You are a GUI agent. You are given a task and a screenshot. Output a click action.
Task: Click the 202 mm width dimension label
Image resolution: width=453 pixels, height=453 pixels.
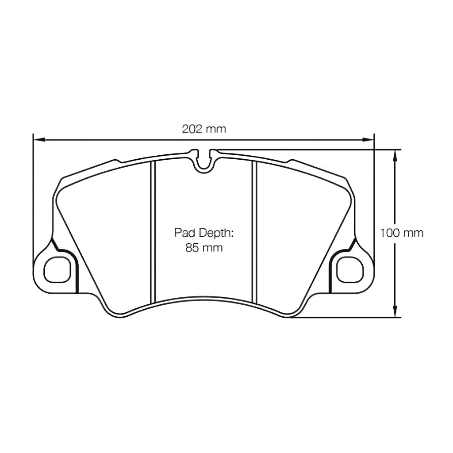(x=204, y=129)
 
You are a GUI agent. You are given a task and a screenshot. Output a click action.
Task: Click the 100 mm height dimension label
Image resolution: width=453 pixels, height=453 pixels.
(x=402, y=233)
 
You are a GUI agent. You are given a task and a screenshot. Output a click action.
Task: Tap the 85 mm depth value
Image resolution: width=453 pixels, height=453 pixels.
(x=204, y=248)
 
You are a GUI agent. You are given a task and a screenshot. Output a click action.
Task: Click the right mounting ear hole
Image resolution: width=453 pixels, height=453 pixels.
(x=350, y=268)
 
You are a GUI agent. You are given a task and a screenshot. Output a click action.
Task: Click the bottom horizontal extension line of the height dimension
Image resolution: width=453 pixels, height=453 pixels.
(x=345, y=317)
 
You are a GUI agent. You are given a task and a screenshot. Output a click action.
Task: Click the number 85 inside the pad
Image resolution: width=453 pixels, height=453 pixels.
(x=193, y=248)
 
